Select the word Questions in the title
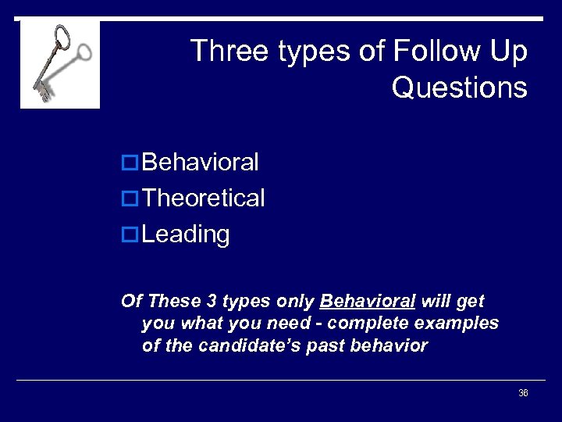click(x=459, y=88)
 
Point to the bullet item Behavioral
click(x=201, y=163)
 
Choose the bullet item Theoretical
click(x=204, y=198)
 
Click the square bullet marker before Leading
click(x=131, y=235)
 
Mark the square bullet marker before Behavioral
click(x=131, y=163)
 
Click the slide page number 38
click(x=523, y=393)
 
